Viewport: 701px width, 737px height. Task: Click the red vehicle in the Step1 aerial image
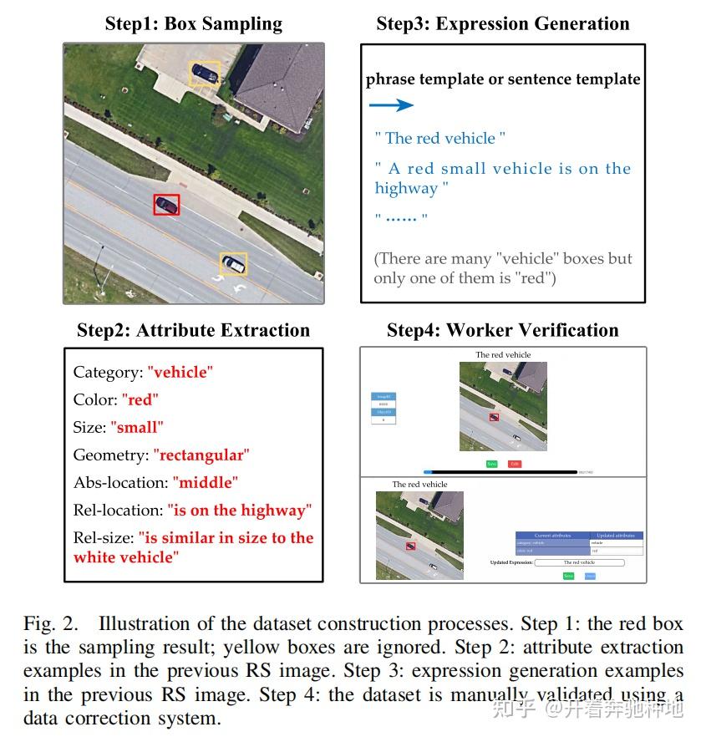pyautogui.click(x=166, y=204)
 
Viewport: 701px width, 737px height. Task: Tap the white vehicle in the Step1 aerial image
pyautogui.click(x=233, y=264)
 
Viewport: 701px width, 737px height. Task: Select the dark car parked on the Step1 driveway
pyautogui.click(x=205, y=74)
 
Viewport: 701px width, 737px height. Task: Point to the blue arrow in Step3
pyautogui.click(x=392, y=105)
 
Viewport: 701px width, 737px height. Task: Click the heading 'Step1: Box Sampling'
pyautogui.click(x=193, y=23)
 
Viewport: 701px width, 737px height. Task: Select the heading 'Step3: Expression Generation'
pyautogui.click(x=503, y=23)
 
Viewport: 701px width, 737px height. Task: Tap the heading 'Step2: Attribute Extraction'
pyautogui.click(x=193, y=330)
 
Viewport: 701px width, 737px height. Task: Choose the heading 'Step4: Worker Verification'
pyautogui.click(x=503, y=330)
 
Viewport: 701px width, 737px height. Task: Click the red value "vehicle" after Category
pyautogui.click(x=180, y=372)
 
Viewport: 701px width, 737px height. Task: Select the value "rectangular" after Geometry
pyautogui.click(x=201, y=455)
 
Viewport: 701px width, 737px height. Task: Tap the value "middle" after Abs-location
pyautogui.click(x=206, y=482)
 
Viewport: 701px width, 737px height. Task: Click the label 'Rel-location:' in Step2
pyautogui.click(x=118, y=510)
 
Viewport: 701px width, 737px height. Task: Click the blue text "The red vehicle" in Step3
pyautogui.click(x=440, y=138)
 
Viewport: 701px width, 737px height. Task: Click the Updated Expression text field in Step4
pyautogui.click(x=579, y=563)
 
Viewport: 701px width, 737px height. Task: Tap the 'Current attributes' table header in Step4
pyautogui.click(x=552, y=535)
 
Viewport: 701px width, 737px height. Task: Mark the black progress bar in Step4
pyautogui.click(x=501, y=472)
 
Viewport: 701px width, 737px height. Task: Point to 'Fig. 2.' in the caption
pyautogui.click(x=50, y=624)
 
